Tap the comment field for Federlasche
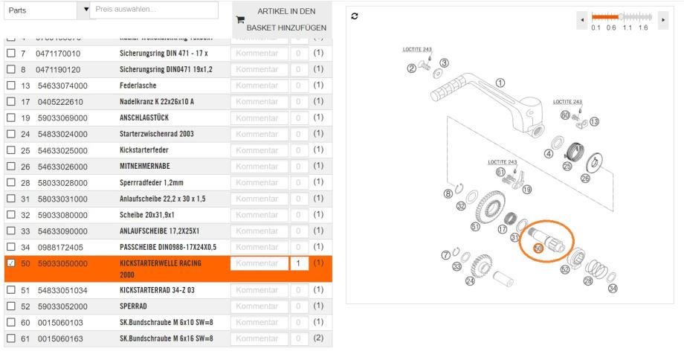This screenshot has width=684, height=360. [258, 85]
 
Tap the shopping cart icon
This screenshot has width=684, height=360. [239, 22]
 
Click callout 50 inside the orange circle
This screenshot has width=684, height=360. [538, 248]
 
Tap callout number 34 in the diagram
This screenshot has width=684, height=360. [613, 289]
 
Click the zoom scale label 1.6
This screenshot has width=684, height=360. [643, 28]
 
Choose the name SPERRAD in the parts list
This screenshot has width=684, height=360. [138, 306]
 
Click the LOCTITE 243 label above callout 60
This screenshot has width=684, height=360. [568, 102]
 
